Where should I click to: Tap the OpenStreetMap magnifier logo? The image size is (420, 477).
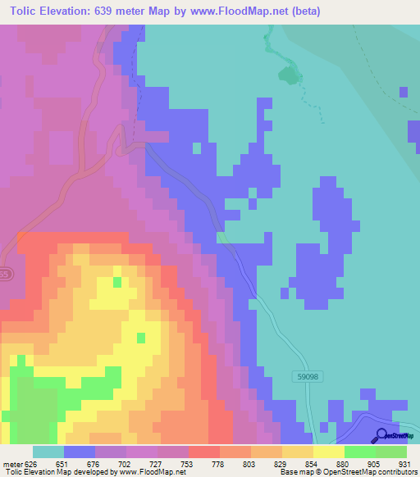382,435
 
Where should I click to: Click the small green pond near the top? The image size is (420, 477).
289,78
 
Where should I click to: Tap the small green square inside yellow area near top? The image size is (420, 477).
116,282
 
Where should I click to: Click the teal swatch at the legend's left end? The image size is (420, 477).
48,452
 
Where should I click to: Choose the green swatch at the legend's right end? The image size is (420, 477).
391,452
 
